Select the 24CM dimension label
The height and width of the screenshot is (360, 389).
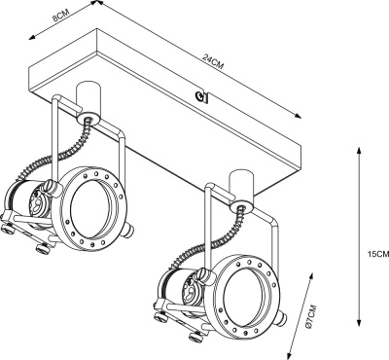tap(213, 61)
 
